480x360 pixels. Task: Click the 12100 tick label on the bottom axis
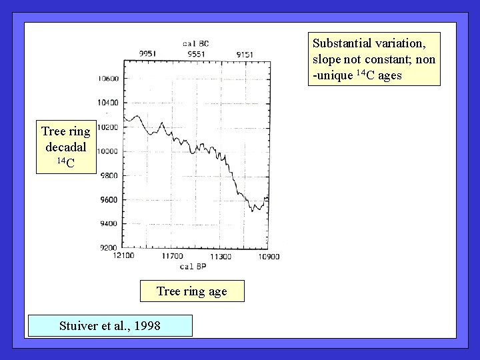[125, 256]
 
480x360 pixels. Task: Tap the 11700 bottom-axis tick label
[173, 256]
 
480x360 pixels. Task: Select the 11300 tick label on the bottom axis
[221, 256]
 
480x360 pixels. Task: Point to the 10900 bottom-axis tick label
[269, 256]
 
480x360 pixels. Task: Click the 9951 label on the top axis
[148, 53]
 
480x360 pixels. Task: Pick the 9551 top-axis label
[197, 53]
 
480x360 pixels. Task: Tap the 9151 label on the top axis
[245, 53]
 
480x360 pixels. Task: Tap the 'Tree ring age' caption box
[192, 291]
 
